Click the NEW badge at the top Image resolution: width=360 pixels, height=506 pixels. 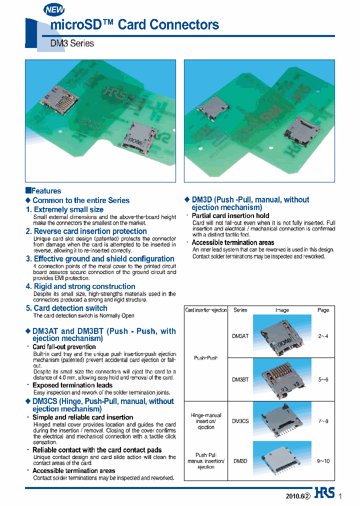54,9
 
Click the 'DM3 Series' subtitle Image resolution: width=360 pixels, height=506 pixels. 72,43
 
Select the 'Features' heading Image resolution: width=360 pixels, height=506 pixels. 43,191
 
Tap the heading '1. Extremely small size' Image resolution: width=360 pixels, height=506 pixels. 65,209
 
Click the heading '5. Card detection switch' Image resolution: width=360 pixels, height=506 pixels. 66,308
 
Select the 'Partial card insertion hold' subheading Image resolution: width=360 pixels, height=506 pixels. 230,215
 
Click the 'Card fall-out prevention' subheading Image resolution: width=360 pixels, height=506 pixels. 64,347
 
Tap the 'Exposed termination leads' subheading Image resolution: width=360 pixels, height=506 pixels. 72,385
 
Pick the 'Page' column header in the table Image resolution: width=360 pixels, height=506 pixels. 323,310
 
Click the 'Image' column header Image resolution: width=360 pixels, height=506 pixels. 282,310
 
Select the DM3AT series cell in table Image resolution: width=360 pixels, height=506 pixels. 240,336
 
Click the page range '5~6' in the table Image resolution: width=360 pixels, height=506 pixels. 323,379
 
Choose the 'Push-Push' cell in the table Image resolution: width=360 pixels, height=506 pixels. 206,358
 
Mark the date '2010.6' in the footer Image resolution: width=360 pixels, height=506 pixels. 293,496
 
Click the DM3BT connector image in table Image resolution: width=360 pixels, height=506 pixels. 281,379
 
